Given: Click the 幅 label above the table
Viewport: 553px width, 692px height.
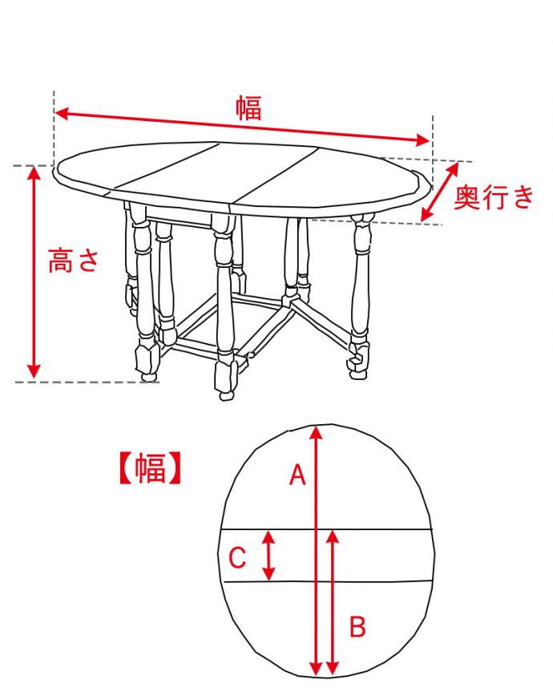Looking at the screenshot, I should coord(248,107).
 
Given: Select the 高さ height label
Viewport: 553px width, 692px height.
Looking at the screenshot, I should coord(73,261).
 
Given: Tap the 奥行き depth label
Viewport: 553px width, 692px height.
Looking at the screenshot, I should coord(493,196).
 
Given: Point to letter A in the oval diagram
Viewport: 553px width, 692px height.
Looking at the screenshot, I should coord(297,476).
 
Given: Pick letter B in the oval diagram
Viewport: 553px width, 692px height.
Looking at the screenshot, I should coord(358,625).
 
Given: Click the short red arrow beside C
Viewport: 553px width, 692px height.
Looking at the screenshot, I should coord(269,555).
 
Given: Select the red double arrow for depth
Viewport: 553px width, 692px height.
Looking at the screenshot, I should coord(441,192).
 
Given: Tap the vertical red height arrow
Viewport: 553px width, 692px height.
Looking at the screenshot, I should coord(34,273).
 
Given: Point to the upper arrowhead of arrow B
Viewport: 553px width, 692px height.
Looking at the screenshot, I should coord(334,536).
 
